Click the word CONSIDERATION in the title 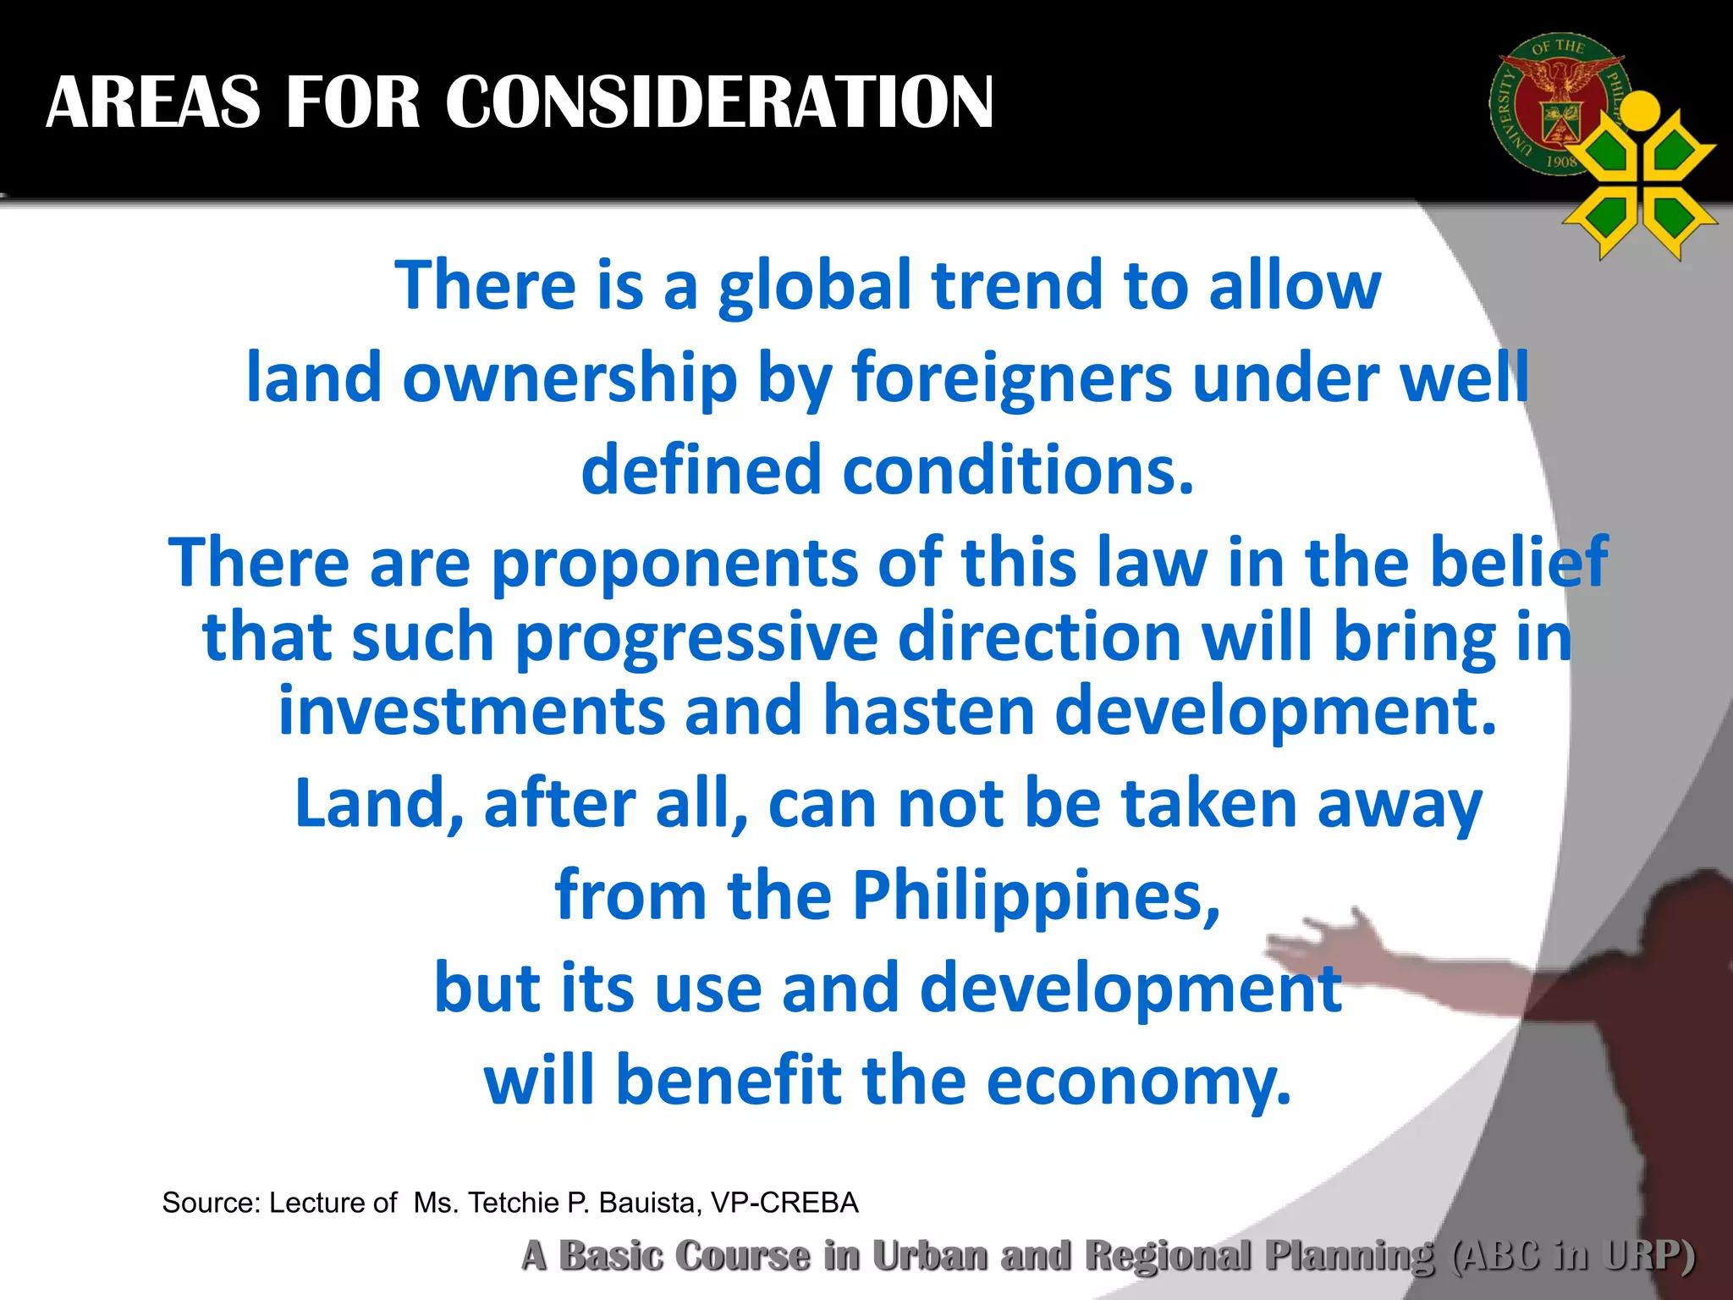pos(719,102)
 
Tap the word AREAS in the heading pos(153,102)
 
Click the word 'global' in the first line pos(815,286)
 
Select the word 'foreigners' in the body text pos(1012,378)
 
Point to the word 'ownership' pos(569,378)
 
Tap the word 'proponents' pos(674,562)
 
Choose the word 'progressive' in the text pos(696,636)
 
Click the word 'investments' pos(471,711)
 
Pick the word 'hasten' pos(929,711)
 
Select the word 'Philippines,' pos(1036,895)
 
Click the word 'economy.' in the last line pos(1139,1081)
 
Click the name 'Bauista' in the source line pos(649,1203)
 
